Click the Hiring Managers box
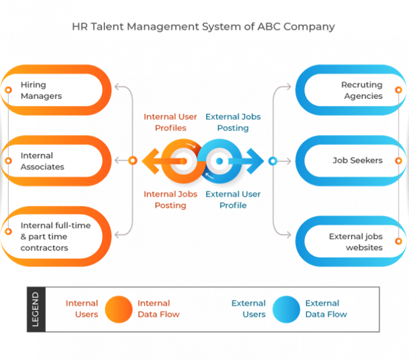click(56, 90)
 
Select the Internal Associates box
click(56, 161)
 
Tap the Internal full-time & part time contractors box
click(56, 237)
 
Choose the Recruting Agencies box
click(353, 90)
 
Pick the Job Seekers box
click(353, 160)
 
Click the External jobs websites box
click(353, 242)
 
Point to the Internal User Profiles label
click(170, 122)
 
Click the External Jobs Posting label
click(233, 122)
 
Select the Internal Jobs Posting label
click(170, 200)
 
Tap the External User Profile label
click(233, 200)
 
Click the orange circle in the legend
click(119, 309)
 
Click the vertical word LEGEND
click(36, 309)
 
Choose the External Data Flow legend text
click(326, 309)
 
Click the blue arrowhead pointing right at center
click(256, 160)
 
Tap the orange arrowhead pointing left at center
click(149, 160)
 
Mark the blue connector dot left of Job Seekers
click(272, 160)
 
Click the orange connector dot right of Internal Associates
click(133, 160)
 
